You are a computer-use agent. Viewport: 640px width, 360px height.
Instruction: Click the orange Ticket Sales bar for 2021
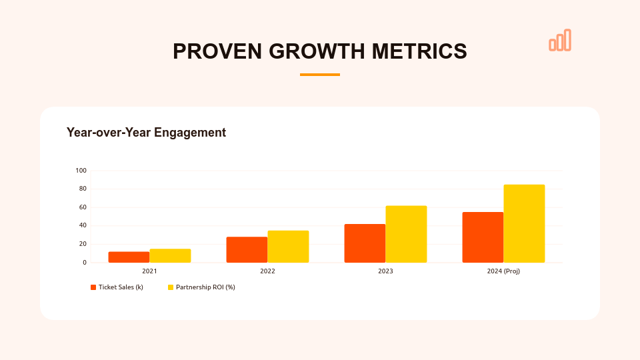pyautogui.click(x=129, y=257)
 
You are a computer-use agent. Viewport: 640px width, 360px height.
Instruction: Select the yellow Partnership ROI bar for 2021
pyautogui.click(x=170, y=256)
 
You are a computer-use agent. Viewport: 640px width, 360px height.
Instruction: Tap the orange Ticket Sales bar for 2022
pyautogui.click(x=247, y=250)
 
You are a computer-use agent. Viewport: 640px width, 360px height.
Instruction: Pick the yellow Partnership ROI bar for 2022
pyautogui.click(x=288, y=247)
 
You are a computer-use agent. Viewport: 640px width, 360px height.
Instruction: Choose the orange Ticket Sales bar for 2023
pyautogui.click(x=365, y=243)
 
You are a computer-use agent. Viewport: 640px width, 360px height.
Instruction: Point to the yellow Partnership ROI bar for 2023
pyautogui.click(x=406, y=234)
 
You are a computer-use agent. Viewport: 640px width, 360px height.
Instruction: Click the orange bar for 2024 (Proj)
pyautogui.click(x=483, y=237)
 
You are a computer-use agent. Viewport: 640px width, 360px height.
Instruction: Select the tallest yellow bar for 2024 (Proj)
pyautogui.click(x=524, y=223)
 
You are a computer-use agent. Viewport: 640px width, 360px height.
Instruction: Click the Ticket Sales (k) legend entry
pyautogui.click(x=117, y=287)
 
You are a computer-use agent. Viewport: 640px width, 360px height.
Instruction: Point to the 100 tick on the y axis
pyautogui.click(x=81, y=171)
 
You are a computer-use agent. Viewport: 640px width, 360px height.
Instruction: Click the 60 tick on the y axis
pyautogui.click(x=83, y=207)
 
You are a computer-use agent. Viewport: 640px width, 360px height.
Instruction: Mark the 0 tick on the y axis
pyautogui.click(x=85, y=263)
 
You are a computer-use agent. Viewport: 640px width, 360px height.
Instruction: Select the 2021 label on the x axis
pyautogui.click(x=149, y=271)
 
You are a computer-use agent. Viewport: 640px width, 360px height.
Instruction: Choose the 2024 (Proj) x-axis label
pyautogui.click(x=503, y=271)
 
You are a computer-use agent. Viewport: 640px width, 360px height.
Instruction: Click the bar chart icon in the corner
pyautogui.click(x=560, y=41)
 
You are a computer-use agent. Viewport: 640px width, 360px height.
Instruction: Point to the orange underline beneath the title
pyautogui.click(x=320, y=75)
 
